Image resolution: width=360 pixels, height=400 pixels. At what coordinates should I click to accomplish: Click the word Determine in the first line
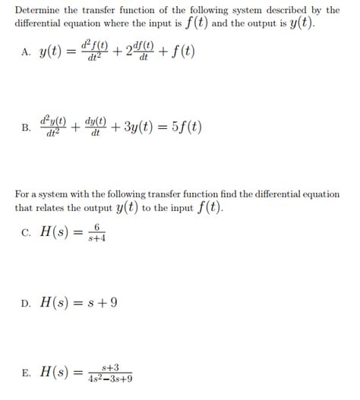coord(39,10)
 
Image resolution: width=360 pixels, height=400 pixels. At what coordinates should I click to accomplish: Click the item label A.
coord(28,52)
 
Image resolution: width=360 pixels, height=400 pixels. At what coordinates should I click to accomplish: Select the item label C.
coord(27,231)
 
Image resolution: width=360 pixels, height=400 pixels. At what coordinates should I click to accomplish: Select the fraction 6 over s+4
coord(96,231)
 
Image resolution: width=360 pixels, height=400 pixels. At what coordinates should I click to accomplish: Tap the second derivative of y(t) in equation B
coord(55,126)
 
